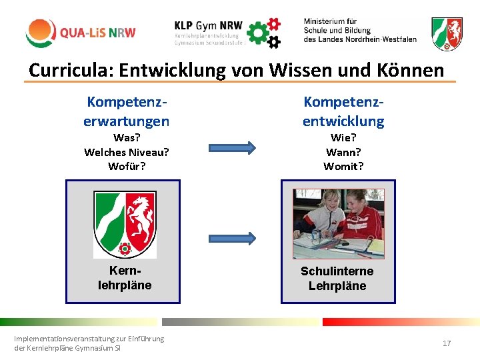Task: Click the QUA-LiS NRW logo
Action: point(81,32)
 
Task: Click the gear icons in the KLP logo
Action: point(265,32)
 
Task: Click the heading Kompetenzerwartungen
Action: point(126,111)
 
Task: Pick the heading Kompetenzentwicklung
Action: point(343,111)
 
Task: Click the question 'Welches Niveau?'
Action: point(126,152)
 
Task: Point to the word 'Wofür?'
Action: point(126,166)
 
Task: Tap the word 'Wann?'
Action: point(343,152)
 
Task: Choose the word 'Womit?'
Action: point(343,166)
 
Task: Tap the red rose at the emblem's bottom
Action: point(124,249)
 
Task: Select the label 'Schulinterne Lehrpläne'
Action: point(337,279)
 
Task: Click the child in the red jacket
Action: point(360,220)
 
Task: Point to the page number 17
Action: point(447,343)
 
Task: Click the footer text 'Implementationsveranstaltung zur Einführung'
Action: point(89,339)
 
